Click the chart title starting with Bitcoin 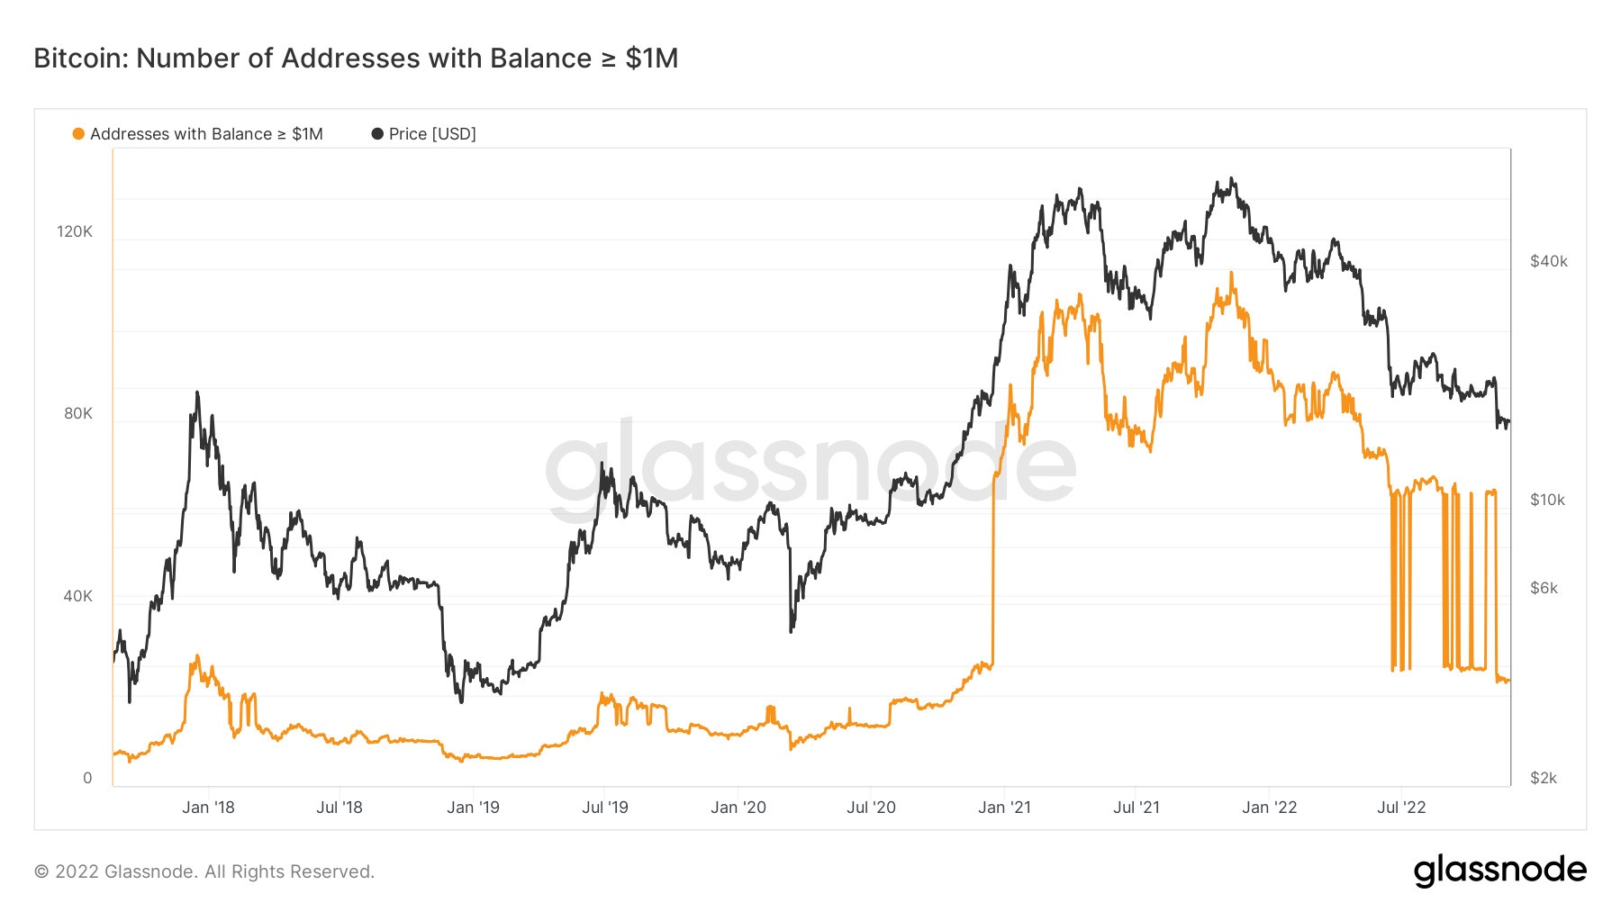click(356, 59)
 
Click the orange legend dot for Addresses click(78, 134)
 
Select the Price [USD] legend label click(432, 134)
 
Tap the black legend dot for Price click(377, 134)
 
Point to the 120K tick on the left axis click(75, 231)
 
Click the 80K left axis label click(77, 413)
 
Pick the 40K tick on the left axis click(77, 596)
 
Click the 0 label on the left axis click(87, 778)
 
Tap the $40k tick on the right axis click(1548, 261)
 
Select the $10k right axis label click(1547, 500)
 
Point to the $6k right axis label click(1544, 588)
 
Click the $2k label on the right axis click(1544, 778)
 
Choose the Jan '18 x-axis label click(208, 808)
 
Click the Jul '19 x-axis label click(605, 808)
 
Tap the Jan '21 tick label click(1004, 808)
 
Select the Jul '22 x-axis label click(1401, 808)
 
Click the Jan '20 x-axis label click(738, 808)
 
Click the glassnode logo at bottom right click(1499, 871)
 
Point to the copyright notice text click(204, 871)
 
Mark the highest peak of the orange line click(1231, 273)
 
